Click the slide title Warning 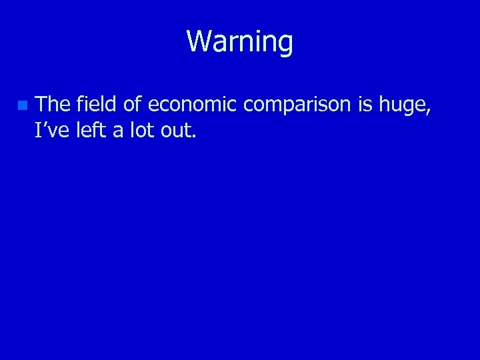239,41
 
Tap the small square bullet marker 22,105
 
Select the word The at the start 53,104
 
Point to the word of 131,104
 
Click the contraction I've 52,130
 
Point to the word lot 141,130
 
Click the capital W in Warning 198,41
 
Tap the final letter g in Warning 285,45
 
